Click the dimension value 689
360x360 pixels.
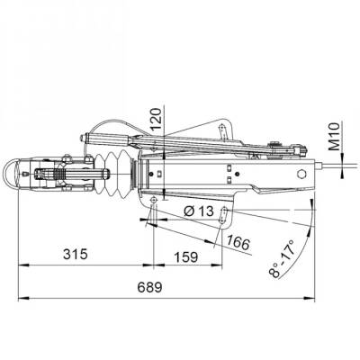(x=150, y=288)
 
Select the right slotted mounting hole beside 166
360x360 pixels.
(x=228, y=212)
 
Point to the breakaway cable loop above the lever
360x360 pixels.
(x=112, y=126)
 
